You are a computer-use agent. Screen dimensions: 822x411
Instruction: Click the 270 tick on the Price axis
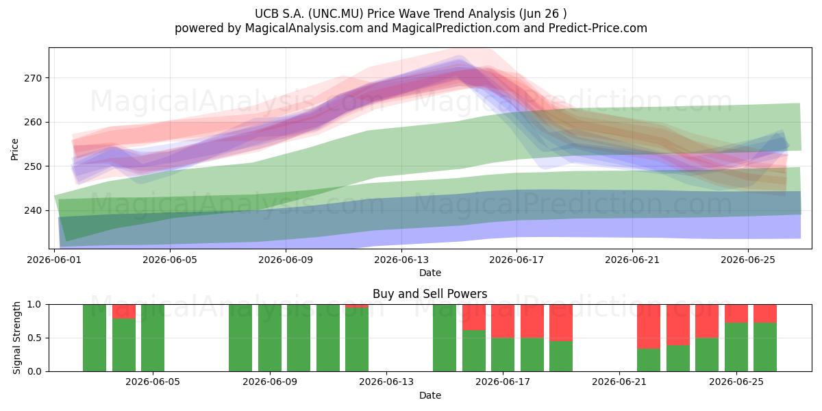tap(33, 78)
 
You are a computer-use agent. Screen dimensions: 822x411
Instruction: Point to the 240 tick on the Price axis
tap(33, 211)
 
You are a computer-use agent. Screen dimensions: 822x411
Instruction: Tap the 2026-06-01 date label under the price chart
tap(54, 260)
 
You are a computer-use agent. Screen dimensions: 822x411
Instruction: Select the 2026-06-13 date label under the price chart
tap(401, 260)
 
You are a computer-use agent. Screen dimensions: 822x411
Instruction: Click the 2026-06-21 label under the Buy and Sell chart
tap(619, 382)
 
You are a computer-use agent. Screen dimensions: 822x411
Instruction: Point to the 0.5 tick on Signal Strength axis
tap(34, 338)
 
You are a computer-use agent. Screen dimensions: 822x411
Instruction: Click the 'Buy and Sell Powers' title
tap(430, 294)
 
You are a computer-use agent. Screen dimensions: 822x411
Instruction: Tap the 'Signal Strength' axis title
tap(16, 338)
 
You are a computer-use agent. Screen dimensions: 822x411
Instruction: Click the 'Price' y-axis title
tap(14, 149)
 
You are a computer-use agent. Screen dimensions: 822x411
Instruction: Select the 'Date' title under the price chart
tap(430, 273)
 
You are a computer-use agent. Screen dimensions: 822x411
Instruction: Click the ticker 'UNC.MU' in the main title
tap(336, 14)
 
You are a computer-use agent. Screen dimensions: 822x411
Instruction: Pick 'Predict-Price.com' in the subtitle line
tap(598, 28)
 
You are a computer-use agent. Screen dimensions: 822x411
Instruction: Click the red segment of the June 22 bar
tap(649, 327)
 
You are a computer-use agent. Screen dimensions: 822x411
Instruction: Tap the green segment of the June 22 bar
tap(649, 360)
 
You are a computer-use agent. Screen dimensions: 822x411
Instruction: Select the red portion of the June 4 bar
tap(124, 312)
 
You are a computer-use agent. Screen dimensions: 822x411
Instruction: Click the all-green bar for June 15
tap(445, 338)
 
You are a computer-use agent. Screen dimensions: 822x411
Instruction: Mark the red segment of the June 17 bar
tap(503, 321)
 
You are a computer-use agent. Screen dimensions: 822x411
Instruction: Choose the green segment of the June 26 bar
tap(765, 347)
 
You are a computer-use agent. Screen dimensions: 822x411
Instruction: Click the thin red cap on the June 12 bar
tap(357, 306)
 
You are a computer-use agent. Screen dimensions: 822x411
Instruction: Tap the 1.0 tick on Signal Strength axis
tap(34, 305)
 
